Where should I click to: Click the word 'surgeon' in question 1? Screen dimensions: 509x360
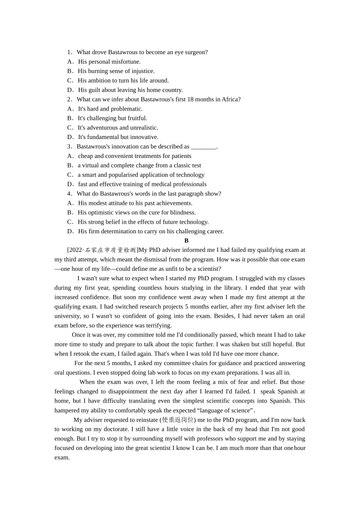coord(196,52)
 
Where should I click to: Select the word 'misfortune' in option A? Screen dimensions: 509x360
coord(126,62)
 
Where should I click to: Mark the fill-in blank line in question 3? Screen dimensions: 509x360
coord(203,147)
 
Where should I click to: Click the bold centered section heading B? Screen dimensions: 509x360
coord(186,241)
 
